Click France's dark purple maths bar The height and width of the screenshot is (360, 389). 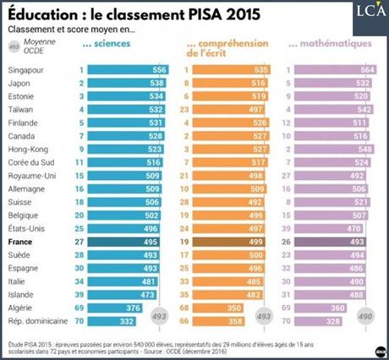(329, 241)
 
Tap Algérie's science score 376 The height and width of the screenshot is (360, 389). (133, 308)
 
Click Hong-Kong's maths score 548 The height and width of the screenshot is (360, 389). (358, 146)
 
